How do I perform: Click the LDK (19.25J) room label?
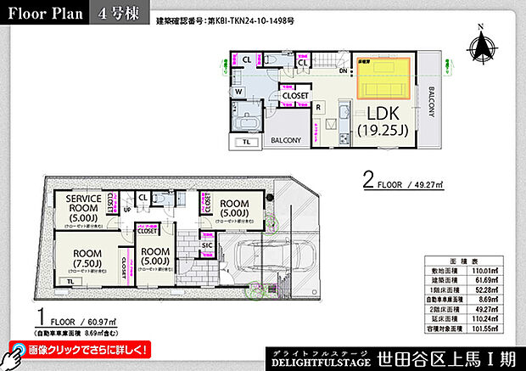click(383, 122)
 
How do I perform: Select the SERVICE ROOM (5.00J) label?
click(84, 209)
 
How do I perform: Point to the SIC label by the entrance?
click(207, 245)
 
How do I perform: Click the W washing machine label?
click(239, 92)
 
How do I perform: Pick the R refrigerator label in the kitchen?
click(317, 108)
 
